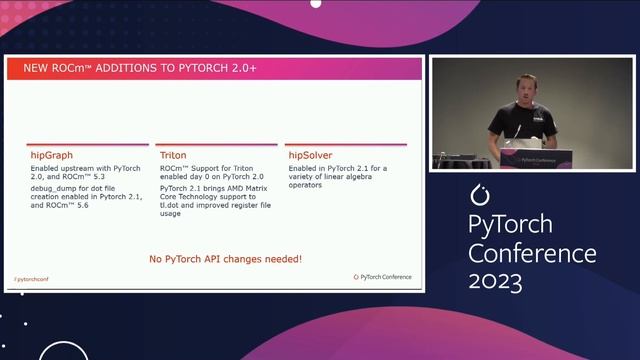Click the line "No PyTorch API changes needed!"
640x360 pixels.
225,260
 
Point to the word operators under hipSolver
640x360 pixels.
307,184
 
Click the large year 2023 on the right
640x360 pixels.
496,282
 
